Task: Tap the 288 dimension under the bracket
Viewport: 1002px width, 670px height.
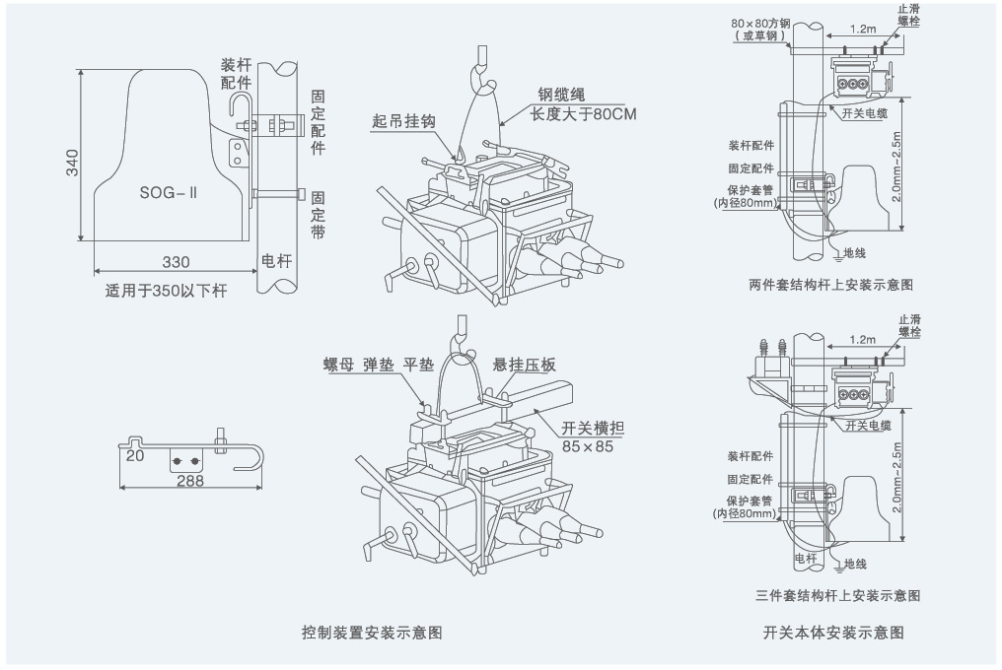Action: coord(190,480)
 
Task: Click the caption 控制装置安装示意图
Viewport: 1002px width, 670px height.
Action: coord(372,632)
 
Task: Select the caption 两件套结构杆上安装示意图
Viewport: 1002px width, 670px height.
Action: coord(830,285)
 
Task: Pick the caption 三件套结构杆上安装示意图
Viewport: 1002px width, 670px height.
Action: coord(837,596)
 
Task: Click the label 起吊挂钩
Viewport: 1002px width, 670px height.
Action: coord(404,121)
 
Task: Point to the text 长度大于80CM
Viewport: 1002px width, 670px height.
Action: coord(584,113)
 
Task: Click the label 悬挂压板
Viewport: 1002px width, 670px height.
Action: coord(525,365)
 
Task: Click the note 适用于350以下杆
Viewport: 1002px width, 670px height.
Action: coord(166,291)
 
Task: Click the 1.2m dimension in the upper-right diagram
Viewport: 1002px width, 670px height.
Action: coord(861,29)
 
